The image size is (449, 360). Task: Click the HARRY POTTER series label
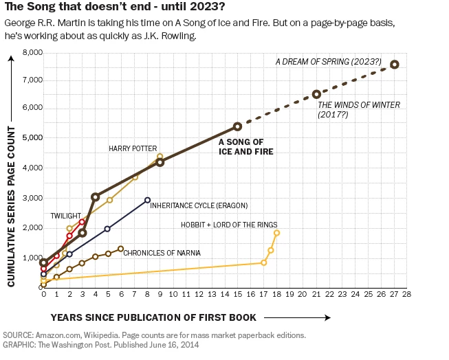[133, 148]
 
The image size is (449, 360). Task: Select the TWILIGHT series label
[66, 216]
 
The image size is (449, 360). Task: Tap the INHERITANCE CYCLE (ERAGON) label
[199, 205]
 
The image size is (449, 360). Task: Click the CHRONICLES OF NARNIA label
[162, 253]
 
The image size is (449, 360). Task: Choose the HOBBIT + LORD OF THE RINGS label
[229, 225]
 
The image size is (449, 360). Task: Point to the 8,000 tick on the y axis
[32, 53]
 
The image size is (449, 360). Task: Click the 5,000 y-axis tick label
[32, 137]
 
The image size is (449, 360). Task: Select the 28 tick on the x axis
[406, 294]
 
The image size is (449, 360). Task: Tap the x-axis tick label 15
[238, 294]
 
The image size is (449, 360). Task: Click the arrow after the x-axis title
[297, 317]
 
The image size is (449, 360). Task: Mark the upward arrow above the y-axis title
[11, 89]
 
